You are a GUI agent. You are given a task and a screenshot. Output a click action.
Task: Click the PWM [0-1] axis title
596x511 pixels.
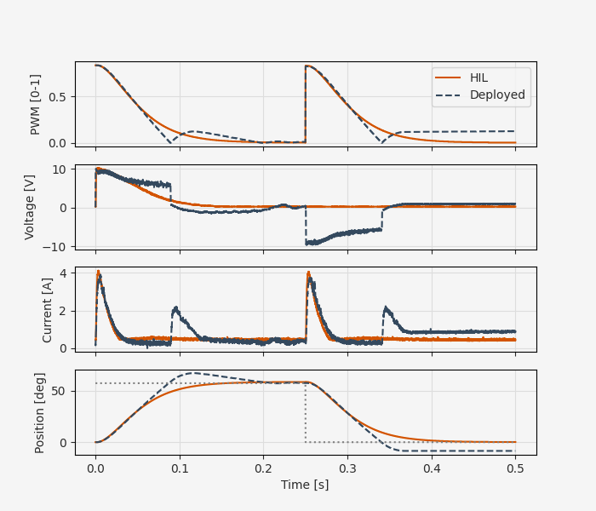[36, 104]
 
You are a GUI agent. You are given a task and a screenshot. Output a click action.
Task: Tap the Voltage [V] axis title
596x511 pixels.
[30, 207]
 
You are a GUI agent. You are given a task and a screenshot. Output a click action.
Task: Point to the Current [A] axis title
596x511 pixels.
[48, 309]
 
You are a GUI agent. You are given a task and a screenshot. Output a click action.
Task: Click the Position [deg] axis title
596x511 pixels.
[40, 412]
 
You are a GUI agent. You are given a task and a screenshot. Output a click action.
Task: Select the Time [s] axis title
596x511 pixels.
[305, 485]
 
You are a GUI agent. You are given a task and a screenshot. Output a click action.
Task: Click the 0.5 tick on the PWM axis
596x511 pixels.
[58, 96]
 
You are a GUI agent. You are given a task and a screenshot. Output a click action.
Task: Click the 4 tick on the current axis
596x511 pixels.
[64, 273]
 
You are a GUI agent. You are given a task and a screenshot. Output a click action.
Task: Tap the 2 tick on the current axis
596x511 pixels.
[64, 311]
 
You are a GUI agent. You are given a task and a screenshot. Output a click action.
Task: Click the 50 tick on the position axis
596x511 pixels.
[60, 391]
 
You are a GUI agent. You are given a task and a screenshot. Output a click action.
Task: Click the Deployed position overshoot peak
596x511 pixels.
[195, 372]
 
